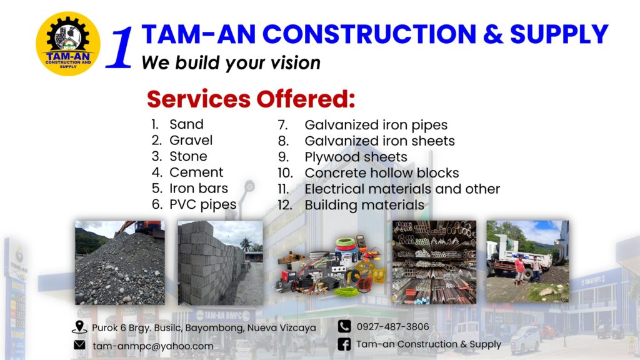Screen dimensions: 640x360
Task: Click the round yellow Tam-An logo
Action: coord(68,44)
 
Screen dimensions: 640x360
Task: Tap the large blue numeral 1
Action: coord(120,47)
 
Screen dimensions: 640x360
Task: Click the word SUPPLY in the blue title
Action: coord(559,34)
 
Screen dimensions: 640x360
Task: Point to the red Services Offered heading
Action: coord(251,99)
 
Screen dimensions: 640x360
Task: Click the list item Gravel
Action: coord(191,140)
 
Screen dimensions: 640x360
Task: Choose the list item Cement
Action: coord(196,172)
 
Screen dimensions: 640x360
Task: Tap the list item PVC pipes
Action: coord(203,204)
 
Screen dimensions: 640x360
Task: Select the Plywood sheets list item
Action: coord(356,157)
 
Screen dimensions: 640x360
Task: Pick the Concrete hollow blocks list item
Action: coord(382,172)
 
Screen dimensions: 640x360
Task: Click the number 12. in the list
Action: coord(285,205)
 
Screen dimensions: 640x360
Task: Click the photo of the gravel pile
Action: coord(120,262)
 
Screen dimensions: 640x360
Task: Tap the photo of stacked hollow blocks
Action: coord(221,262)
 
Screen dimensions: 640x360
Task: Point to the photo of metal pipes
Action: coord(434,262)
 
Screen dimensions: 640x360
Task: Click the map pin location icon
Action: coord(79,327)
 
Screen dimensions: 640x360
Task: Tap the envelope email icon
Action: coord(79,345)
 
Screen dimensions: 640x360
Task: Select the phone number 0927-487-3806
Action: coord(392,326)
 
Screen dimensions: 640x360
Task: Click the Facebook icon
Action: coord(344,344)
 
